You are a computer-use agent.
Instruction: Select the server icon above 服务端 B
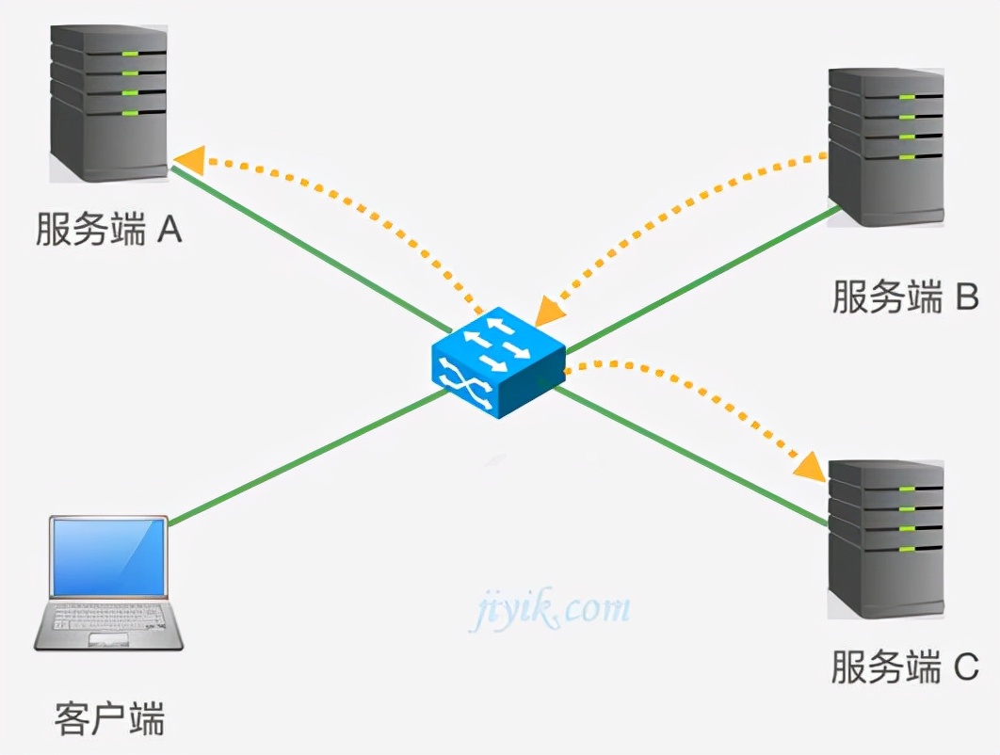[886, 146]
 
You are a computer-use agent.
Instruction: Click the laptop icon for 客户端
[109, 584]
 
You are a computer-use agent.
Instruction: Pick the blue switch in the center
[498, 366]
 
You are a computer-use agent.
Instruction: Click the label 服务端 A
[108, 230]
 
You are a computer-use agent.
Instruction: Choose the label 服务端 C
[905, 667]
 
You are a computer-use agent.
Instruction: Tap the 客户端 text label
[109, 720]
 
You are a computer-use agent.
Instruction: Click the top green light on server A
[130, 53]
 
